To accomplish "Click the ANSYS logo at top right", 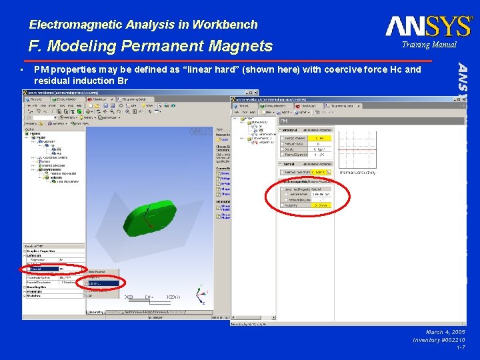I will (429, 26).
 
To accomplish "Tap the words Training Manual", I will (429, 45).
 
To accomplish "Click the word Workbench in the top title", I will (225, 25).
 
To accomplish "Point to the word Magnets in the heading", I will (241, 46).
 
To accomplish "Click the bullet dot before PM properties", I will (22, 69).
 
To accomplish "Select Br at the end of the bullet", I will (122, 80).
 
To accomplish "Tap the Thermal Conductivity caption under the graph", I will (357, 173).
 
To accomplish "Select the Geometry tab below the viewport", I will (96, 311).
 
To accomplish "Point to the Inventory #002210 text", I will (439, 339).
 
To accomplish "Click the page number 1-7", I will (460, 347).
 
